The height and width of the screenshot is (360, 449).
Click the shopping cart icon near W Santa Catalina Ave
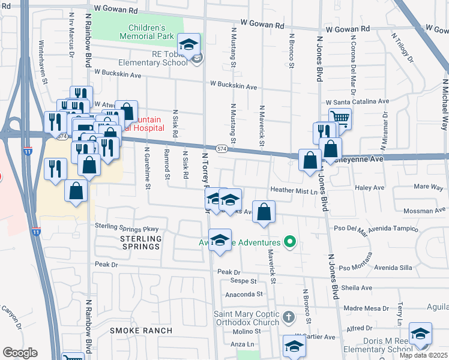click(x=340, y=118)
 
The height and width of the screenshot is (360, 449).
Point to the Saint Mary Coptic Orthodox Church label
click(x=247, y=319)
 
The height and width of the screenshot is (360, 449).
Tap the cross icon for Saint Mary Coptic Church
click(x=289, y=316)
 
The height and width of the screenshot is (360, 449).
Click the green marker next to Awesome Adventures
click(x=291, y=242)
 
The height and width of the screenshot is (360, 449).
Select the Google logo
click(x=20, y=352)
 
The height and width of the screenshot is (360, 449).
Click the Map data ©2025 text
click(x=424, y=355)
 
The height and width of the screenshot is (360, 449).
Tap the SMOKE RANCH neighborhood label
click(x=141, y=331)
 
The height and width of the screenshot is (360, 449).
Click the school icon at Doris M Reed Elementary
click(x=420, y=334)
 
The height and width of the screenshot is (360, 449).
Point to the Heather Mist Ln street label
click(x=293, y=191)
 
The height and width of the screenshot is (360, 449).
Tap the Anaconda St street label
click(x=244, y=294)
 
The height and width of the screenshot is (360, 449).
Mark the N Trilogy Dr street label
click(x=402, y=49)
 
